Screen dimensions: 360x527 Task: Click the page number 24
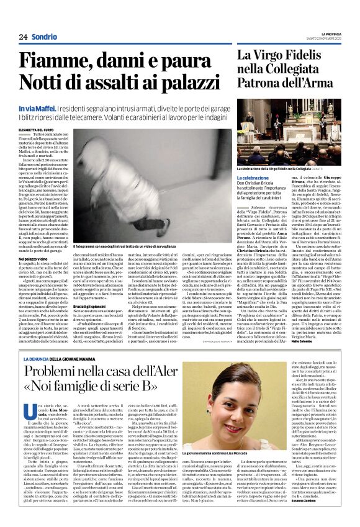pos(23,37)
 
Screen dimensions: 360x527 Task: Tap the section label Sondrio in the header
pos(44,37)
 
